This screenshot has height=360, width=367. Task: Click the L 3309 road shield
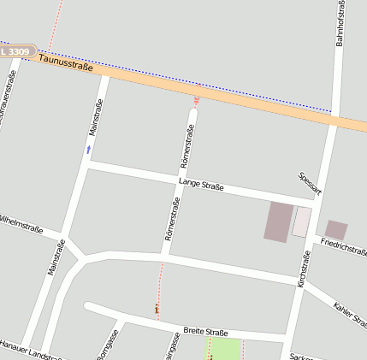[16, 52]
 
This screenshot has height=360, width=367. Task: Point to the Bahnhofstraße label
[340, 23]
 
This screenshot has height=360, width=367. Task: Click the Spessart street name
[309, 184]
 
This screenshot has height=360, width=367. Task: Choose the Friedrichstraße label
[343, 247]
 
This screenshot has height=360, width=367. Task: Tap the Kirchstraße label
[302, 269]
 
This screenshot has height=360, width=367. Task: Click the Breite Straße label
[205, 332]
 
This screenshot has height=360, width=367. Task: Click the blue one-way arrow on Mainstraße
[88, 149]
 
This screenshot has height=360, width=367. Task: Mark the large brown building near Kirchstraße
[278, 221]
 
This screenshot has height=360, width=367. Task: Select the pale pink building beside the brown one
[301, 221]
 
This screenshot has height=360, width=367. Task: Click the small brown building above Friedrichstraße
[336, 229]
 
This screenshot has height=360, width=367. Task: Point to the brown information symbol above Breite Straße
[157, 308]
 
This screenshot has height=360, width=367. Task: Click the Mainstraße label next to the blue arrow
[96, 118]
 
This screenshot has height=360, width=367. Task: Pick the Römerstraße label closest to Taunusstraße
[187, 145]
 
